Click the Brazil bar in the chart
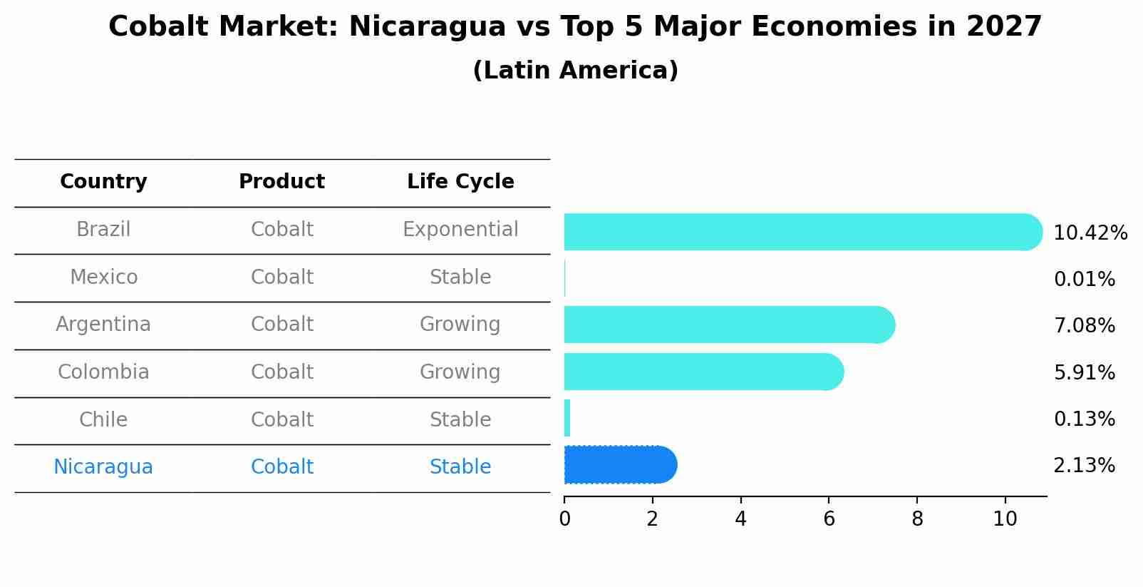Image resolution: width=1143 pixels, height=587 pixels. click(803, 232)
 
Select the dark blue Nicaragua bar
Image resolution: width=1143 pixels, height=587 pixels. click(621, 464)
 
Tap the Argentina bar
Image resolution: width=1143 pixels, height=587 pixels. click(730, 325)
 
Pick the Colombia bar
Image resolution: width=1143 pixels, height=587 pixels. click(704, 372)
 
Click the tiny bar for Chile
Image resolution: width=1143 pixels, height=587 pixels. click(567, 418)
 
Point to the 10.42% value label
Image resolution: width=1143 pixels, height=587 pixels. click(1090, 233)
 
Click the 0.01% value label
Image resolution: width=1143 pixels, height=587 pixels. click(1085, 280)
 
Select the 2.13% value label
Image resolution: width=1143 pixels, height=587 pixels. click(1085, 466)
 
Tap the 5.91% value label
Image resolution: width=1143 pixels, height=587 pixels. click(1085, 372)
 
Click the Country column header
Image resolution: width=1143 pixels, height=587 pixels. click(103, 182)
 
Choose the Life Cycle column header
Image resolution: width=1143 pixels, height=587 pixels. click(460, 182)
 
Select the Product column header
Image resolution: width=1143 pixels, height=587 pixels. click(281, 181)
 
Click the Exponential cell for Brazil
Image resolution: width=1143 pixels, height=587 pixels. click(460, 230)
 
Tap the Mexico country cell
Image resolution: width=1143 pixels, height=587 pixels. click(103, 277)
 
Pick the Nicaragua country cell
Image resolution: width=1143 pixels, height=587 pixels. click(103, 467)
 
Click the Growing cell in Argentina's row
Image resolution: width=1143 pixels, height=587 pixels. click(460, 325)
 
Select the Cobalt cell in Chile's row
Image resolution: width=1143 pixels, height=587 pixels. click(281, 419)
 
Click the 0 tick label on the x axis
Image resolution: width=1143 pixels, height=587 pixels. click(564, 519)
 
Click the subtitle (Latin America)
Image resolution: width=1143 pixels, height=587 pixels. click(576, 71)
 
